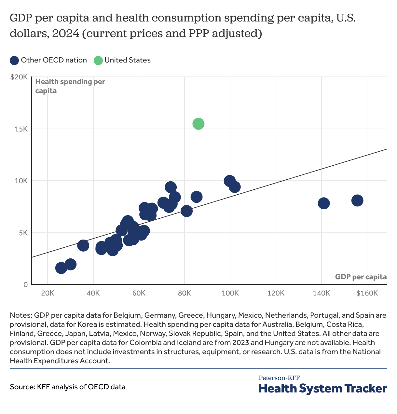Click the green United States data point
[198, 124]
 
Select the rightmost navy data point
[357, 200]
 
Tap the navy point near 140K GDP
[323, 203]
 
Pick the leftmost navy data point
[61, 268]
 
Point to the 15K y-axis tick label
[21, 129]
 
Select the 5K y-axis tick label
[23, 233]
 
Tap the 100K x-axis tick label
[230, 293]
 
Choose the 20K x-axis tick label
[48, 293]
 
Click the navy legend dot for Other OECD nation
[14, 60]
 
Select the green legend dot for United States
[98, 60]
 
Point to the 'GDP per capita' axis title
[361, 277]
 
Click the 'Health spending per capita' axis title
[70, 86]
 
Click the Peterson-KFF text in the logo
[279, 378]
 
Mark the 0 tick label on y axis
[25, 285]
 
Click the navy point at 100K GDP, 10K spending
[229, 181]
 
